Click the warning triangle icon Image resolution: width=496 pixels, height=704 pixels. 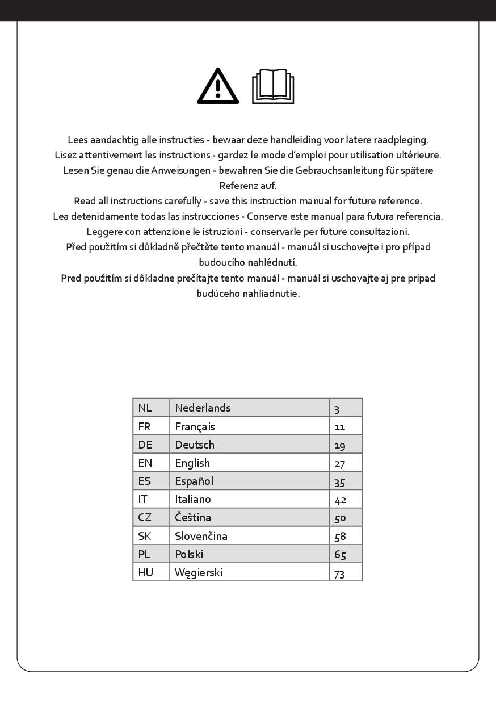[x=218, y=87]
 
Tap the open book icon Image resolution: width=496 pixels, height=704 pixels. [x=273, y=87]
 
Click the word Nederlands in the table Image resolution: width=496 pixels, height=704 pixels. [x=203, y=408]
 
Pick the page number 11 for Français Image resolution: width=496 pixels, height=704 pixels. [x=339, y=427]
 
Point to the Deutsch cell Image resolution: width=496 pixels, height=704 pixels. [x=195, y=445]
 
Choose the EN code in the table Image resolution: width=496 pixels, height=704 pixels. [x=145, y=463]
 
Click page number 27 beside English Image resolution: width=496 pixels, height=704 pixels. [x=339, y=464]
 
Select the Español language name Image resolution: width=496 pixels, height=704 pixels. [x=194, y=481]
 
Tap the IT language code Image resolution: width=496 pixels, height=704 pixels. [x=143, y=500]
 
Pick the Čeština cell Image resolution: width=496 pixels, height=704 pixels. [x=193, y=518]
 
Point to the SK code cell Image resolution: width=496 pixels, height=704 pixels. [x=145, y=536]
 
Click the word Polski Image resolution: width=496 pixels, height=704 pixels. [x=189, y=554]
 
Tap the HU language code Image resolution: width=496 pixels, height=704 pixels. [x=146, y=572]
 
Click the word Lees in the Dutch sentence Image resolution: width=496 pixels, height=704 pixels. [x=78, y=140]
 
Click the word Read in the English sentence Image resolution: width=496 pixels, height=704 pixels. [x=85, y=201]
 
